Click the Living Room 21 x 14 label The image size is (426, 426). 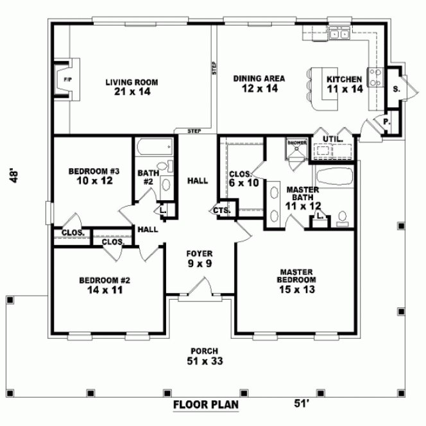coord(132,87)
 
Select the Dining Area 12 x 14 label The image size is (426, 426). coord(259,83)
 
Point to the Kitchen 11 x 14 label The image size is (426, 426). coord(345,84)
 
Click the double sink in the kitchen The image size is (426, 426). coord(337,34)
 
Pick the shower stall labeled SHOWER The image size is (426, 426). coord(296,149)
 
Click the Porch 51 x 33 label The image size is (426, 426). coord(204,355)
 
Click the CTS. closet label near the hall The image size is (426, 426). coord(222,210)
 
